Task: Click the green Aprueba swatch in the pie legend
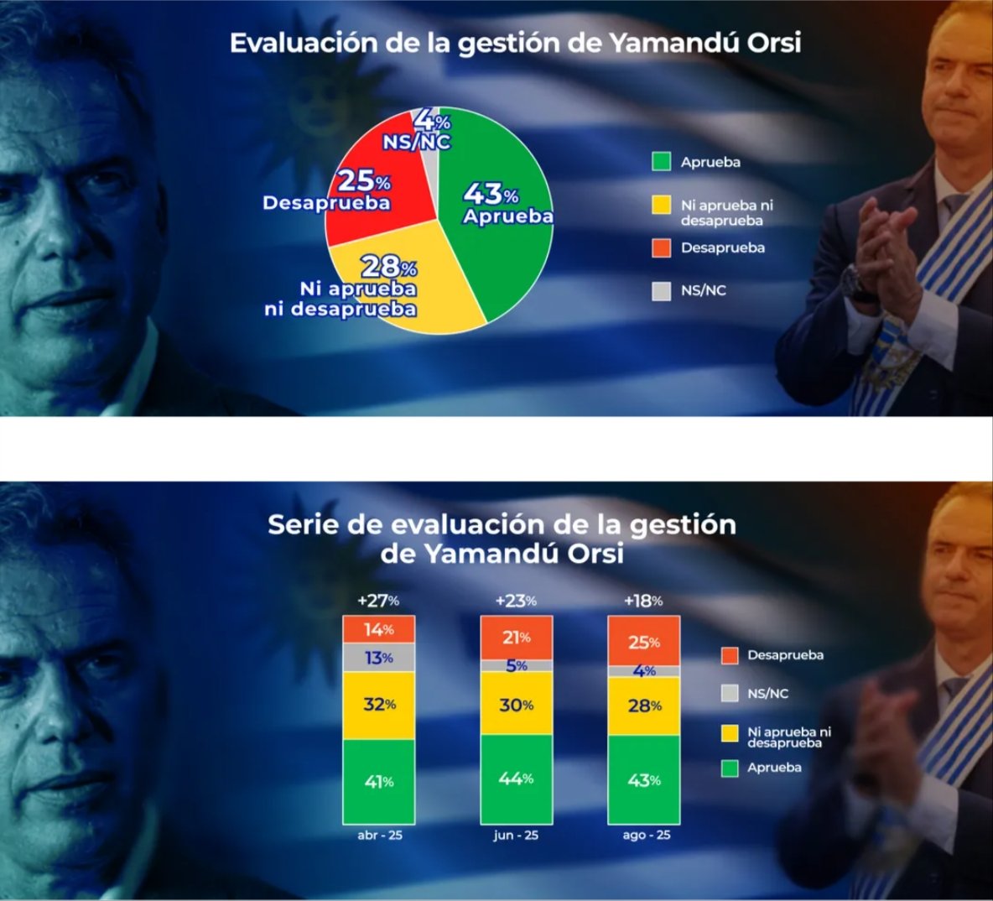click(x=661, y=162)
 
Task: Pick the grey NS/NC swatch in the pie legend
click(x=661, y=291)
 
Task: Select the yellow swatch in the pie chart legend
click(x=661, y=206)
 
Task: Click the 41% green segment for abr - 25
click(x=379, y=782)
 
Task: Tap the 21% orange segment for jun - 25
click(x=516, y=638)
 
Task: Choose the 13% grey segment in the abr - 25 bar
click(x=379, y=658)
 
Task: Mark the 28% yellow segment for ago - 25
click(x=644, y=706)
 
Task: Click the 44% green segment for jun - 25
click(x=516, y=779)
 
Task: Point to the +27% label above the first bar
click(x=378, y=600)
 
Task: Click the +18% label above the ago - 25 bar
click(x=643, y=600)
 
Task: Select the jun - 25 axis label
click(x=516, y=835)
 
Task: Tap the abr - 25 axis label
click(x=379, y=835)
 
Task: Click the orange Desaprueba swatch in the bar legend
click(x=730, y=655)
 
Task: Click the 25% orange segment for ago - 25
click(x=644, y=641)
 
